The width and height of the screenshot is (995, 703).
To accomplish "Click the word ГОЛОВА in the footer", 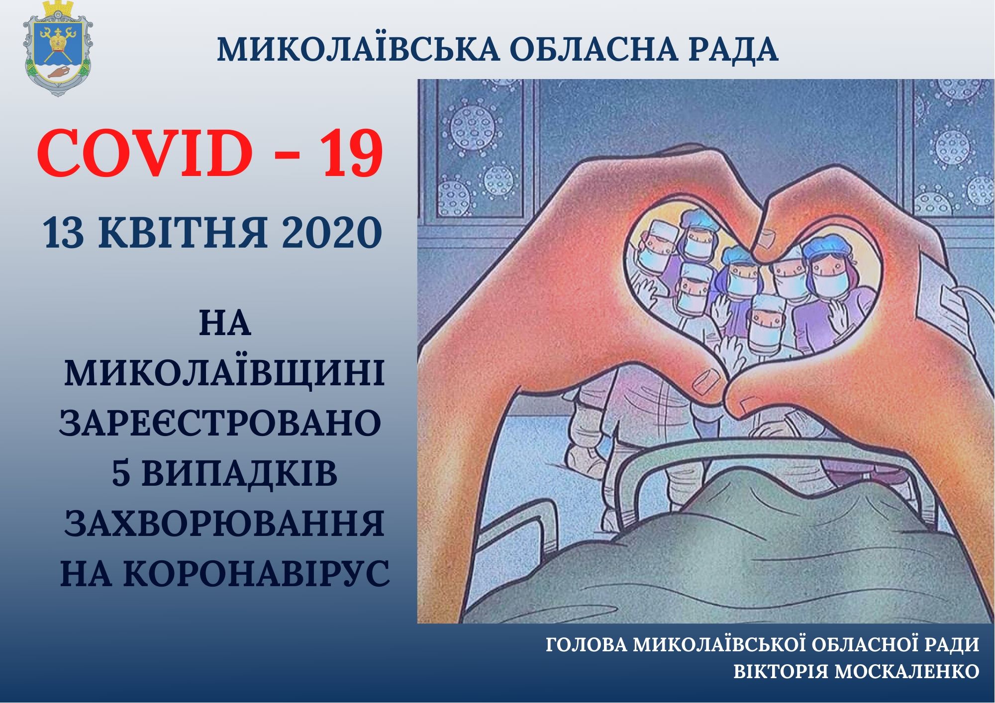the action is click(586, 645).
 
